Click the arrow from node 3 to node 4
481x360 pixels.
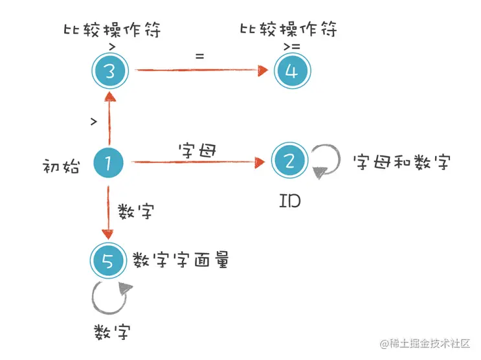tap(201, 71)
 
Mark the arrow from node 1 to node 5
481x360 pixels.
tap(108, 210)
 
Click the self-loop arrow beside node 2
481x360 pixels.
tap(325, 161)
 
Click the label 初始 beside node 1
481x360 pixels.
tap(62, 167)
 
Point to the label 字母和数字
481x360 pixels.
tap(401, 162)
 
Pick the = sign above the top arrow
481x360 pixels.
tap(199, 56)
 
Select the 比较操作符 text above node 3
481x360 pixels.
tap(111, 30)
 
